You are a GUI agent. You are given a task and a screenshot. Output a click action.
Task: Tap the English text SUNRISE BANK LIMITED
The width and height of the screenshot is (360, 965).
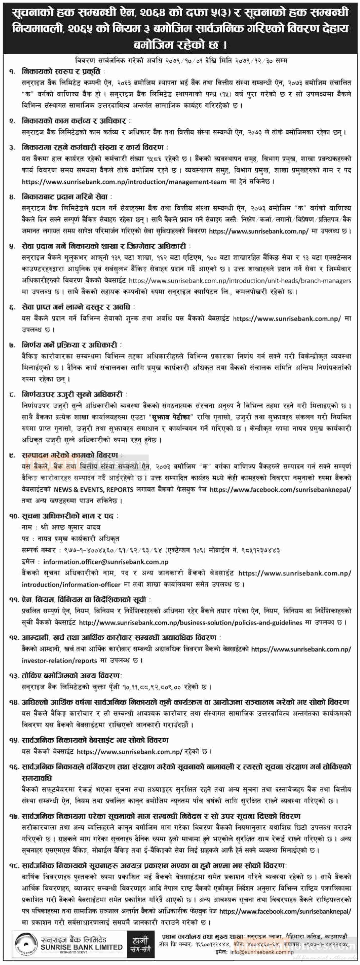81,947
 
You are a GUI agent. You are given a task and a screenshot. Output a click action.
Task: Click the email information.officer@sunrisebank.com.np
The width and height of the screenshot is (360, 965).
106,562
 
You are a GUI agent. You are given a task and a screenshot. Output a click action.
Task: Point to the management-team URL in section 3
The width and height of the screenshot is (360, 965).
124,182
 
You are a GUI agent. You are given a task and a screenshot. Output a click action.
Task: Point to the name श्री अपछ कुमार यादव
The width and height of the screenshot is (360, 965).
70,527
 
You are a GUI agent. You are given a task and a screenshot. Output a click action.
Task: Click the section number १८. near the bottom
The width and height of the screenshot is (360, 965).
14,866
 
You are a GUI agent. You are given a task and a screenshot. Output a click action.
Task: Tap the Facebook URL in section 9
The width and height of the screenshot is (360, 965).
280,489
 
